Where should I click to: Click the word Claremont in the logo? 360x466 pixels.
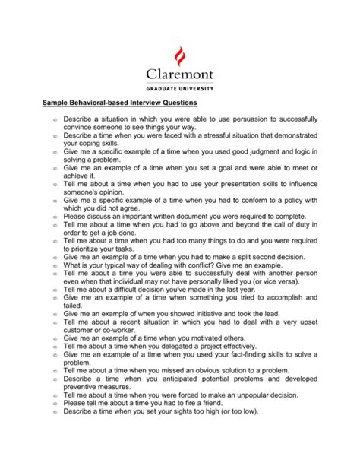coord(180,76)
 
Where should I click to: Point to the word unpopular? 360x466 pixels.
coord(254,395)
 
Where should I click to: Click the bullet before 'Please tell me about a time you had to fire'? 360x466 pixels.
coord(55,403)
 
